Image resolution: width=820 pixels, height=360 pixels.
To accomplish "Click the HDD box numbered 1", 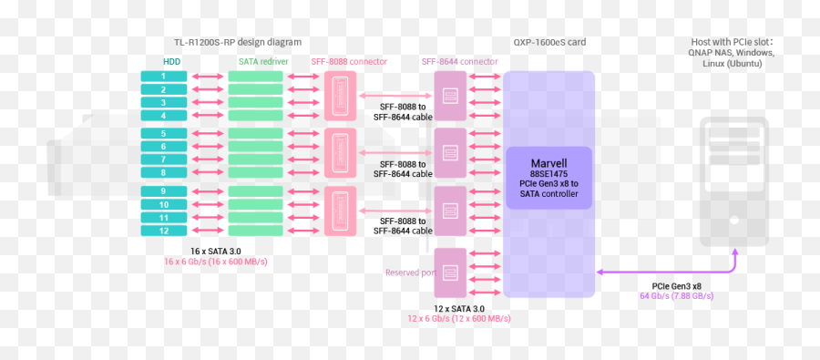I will (164, 77).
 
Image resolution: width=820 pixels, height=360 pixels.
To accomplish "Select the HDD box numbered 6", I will (164, 147).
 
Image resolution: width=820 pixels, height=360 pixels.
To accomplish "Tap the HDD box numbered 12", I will (164, 231).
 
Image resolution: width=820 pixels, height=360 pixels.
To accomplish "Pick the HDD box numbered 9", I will (164, 191).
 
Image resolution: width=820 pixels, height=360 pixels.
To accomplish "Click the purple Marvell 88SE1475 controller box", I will (549, 178).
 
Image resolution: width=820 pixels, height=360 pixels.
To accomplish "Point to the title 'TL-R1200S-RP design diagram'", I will (237, 42).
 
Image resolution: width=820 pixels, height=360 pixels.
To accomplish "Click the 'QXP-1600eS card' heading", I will (549, 42).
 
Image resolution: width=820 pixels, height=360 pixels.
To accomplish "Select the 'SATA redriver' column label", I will (263, 61).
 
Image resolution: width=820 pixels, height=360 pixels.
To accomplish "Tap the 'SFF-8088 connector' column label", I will (349, 61).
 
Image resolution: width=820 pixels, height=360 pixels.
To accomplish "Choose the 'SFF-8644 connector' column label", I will (459, 61).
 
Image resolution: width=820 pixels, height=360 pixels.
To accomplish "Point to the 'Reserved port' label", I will (407, 273).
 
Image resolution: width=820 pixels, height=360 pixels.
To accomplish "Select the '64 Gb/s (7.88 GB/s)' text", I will (676, 296).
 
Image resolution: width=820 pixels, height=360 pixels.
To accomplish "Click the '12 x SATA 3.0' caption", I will (459, 308).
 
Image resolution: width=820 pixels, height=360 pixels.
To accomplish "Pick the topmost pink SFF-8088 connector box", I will (341, 96).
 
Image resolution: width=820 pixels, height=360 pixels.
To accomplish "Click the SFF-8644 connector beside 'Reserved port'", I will (450, 273).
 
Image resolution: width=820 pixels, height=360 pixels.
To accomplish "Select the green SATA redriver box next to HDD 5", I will (256, 134).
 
